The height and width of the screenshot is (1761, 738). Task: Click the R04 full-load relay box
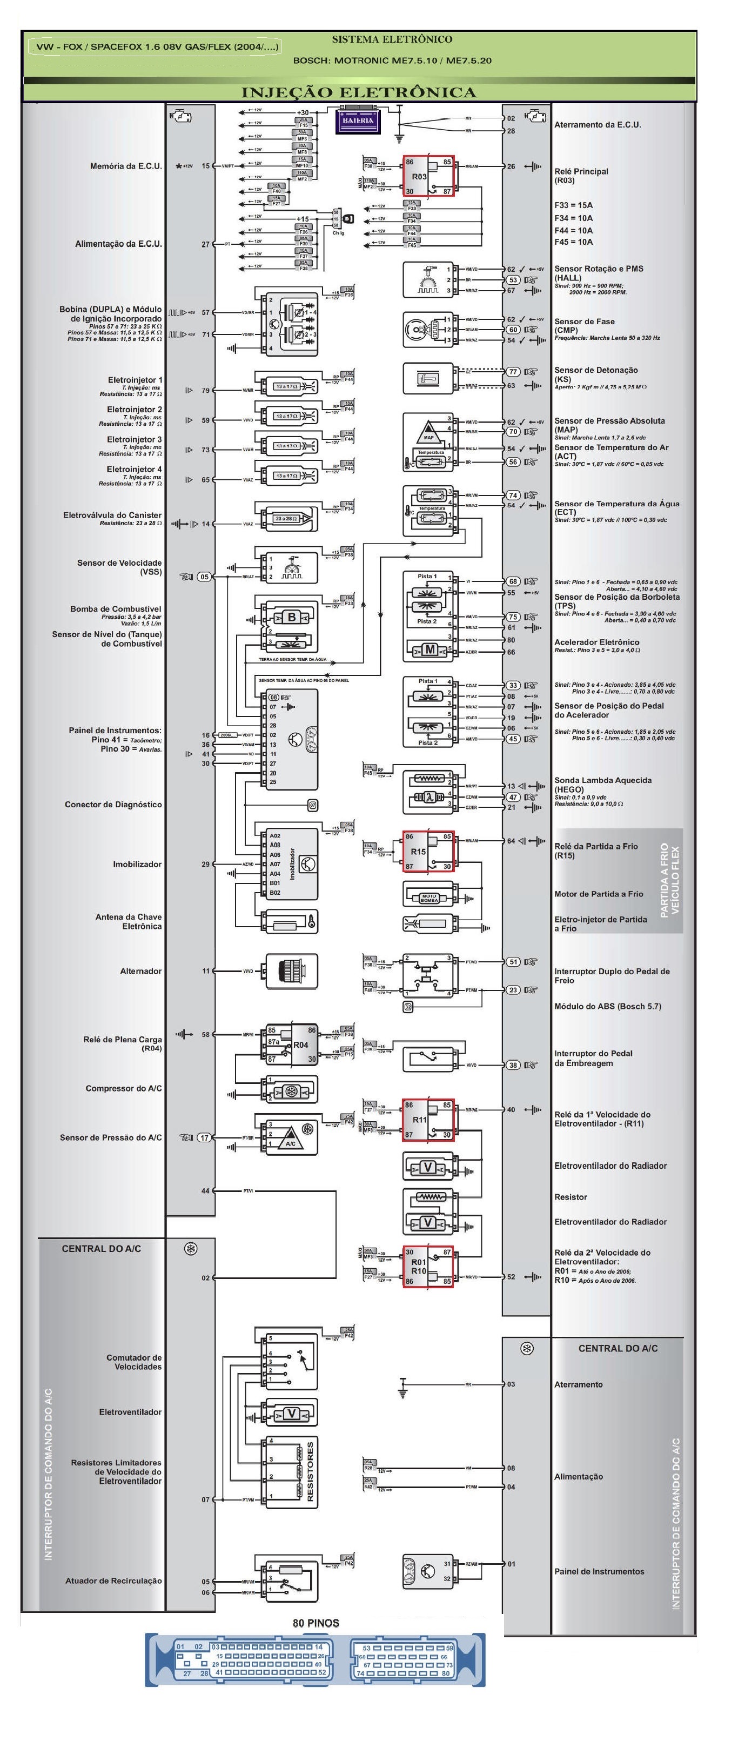292,1044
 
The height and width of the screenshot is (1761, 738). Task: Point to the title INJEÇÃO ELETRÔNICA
359,92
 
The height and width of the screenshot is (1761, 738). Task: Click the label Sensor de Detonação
596,370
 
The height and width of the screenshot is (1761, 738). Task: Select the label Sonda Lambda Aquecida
603,780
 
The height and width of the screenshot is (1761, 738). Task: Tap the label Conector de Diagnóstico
113,805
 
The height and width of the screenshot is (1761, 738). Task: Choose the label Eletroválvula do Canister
113,515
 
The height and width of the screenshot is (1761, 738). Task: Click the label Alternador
141,970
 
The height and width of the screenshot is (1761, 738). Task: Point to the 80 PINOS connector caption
316,1622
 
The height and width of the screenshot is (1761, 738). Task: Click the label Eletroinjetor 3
134,439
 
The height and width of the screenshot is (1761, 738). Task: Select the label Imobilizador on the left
137,864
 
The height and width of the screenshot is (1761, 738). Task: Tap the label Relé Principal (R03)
581,176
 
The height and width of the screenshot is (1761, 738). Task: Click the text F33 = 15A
573,205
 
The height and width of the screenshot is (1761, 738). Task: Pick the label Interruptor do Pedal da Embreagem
593,1058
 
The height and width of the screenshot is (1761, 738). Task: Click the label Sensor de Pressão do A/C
111,1137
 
